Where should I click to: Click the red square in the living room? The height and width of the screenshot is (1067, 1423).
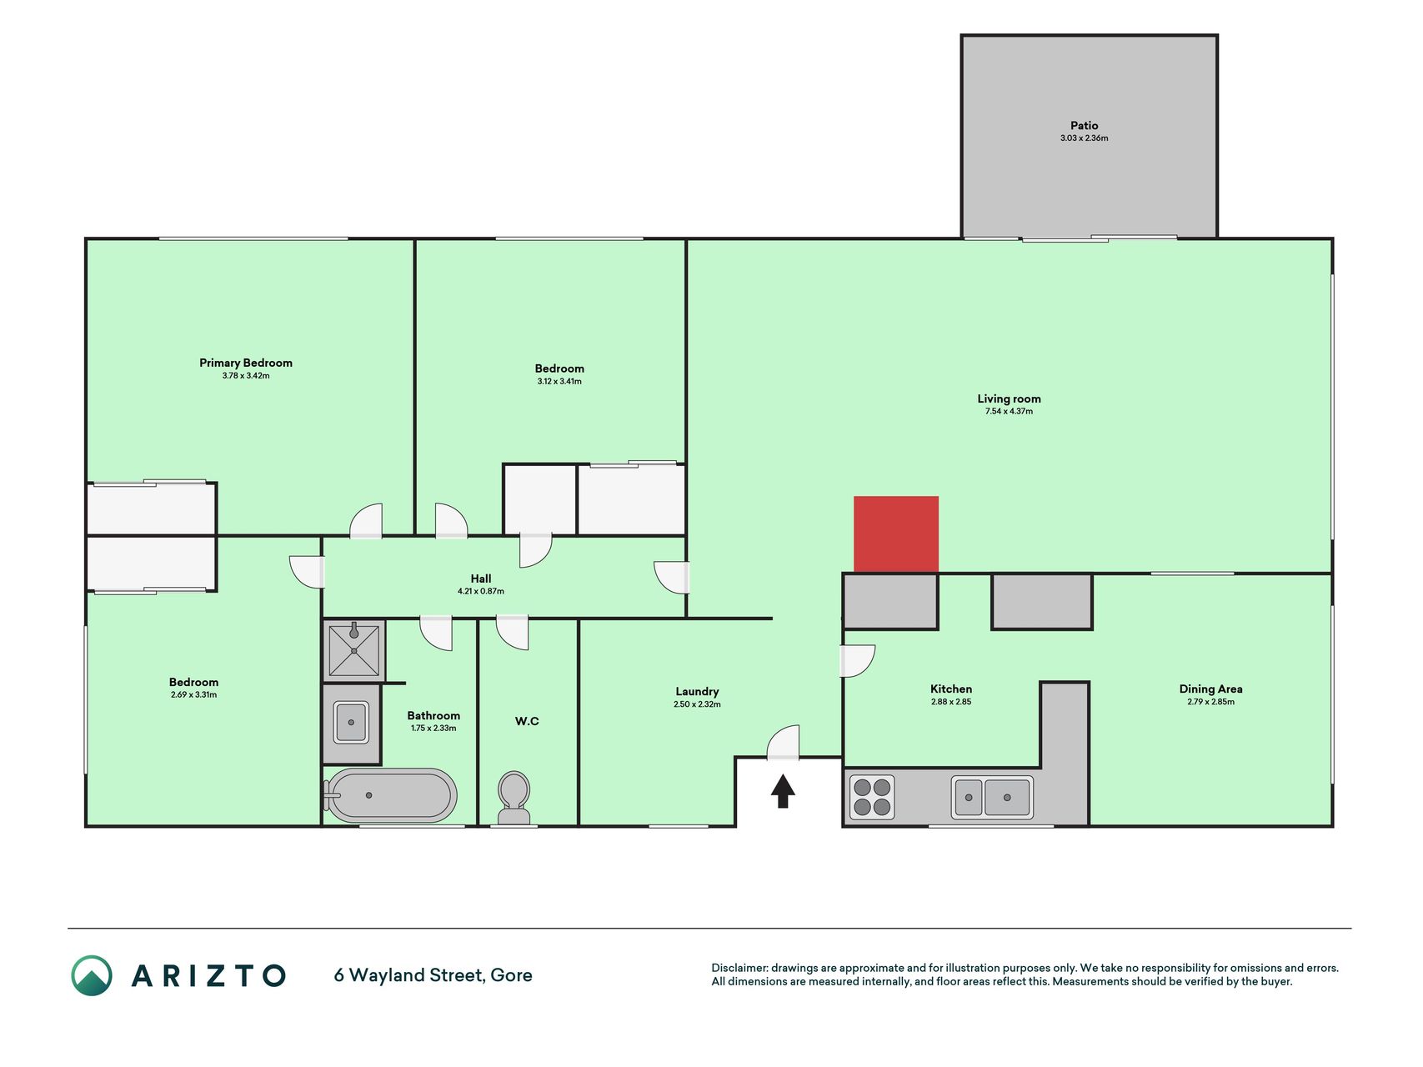point(896,534)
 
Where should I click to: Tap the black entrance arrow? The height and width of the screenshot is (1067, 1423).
point(782,791)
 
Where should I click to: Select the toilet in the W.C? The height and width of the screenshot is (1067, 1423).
point(514,799)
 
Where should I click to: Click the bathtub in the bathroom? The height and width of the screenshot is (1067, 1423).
point(391,795)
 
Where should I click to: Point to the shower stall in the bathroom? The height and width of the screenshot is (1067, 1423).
point(354,650)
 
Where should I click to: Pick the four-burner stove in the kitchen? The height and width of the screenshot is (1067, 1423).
point(872,797)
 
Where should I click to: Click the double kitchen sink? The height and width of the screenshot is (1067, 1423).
point(992,798)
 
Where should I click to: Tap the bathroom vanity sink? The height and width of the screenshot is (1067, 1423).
point(351,723)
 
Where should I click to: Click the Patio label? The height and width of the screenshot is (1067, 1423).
point(1085,126)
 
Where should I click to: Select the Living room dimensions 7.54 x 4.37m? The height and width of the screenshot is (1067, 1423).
point(1009,412)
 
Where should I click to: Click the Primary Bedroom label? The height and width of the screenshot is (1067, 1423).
point(246,363)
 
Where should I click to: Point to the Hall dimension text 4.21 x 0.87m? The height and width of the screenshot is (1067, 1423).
point(481,592)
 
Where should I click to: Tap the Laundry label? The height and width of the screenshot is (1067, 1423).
point(697,692)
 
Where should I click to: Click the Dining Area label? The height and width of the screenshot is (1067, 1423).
point(1210,689)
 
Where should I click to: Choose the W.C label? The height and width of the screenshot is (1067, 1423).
point(527,721)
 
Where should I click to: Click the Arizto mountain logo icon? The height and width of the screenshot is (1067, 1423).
point(92,975)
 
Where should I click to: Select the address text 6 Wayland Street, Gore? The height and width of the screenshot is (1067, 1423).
point(433,975)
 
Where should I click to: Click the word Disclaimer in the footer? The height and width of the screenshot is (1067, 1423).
point(739,968)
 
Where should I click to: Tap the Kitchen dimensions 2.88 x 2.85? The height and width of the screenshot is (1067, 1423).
point(951,702)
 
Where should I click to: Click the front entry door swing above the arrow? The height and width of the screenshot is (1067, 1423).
point(784,743)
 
